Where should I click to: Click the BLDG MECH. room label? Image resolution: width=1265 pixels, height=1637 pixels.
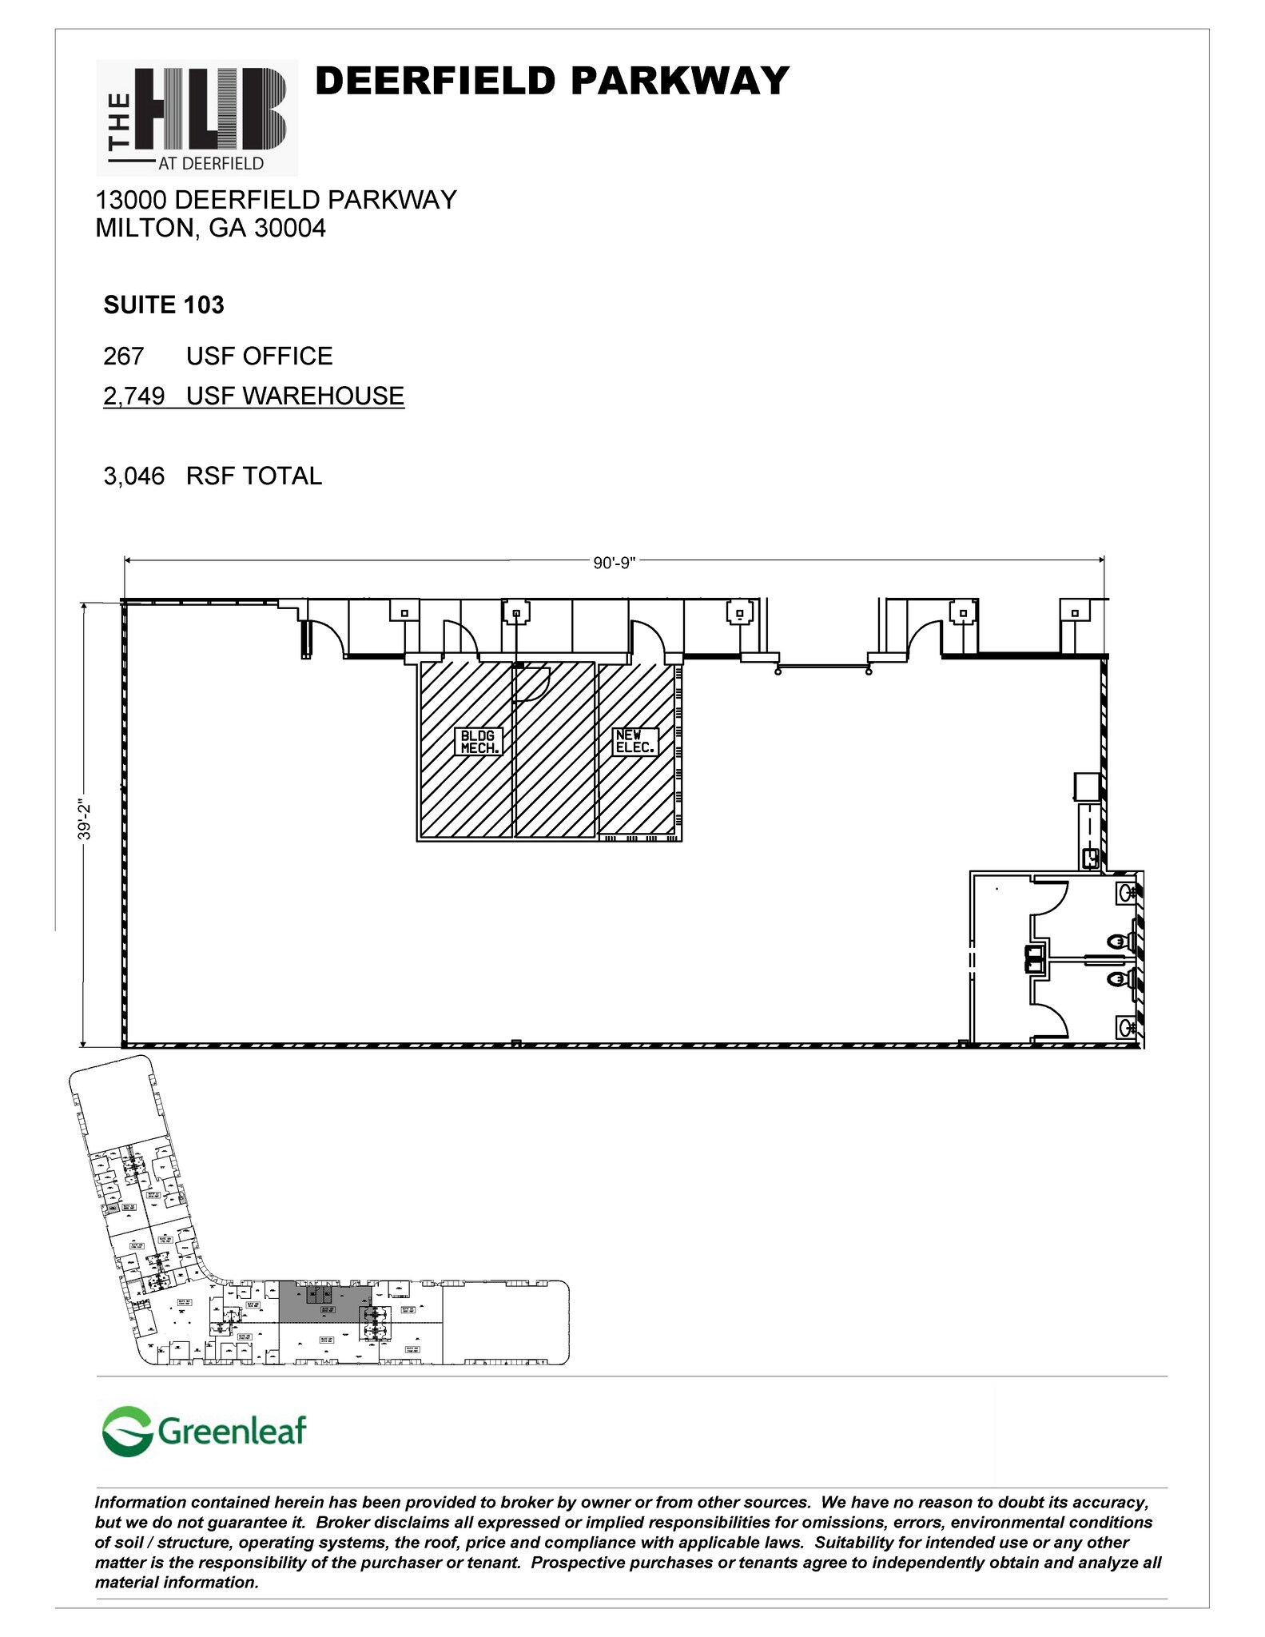tap(479, 742)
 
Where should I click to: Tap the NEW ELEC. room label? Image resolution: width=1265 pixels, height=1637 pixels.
tap(635, 742)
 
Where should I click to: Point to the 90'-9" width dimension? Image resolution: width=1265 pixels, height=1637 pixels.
tap(614, 563)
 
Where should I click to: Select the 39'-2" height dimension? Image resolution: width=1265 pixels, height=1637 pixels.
tap(85, 821)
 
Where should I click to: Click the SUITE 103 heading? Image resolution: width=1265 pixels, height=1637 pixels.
tap(164, 305)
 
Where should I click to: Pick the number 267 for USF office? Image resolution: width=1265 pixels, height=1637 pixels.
tap(123, 356)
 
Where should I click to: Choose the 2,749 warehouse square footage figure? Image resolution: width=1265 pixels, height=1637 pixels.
tap(133, 396)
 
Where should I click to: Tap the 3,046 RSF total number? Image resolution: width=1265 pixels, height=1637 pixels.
tap(133, 476)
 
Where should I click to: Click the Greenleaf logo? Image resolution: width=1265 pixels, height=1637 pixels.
tap(205, 1431)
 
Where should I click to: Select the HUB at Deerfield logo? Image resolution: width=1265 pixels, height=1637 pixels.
tap(197, 117)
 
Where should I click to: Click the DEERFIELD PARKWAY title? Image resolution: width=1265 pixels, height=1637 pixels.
tap(552, 82)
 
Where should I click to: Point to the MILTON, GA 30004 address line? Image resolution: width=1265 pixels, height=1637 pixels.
tap(210, 229)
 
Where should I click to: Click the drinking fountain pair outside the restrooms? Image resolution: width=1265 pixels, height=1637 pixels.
tap(1035, 958)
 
